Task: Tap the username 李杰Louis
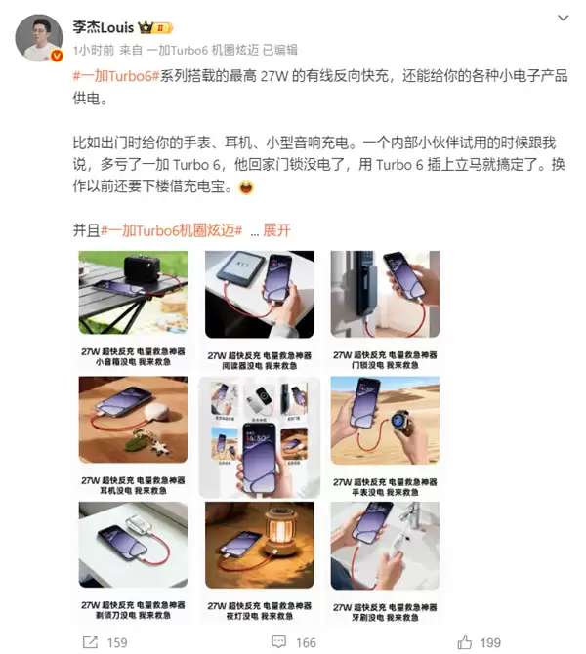(106, 27)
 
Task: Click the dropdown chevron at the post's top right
(563, 18)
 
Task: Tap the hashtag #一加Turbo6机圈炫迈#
(171, 230)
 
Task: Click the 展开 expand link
(276, 230)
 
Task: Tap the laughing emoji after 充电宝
(246, 187)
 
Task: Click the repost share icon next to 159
(89, 642)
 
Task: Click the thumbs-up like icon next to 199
(465, 642)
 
